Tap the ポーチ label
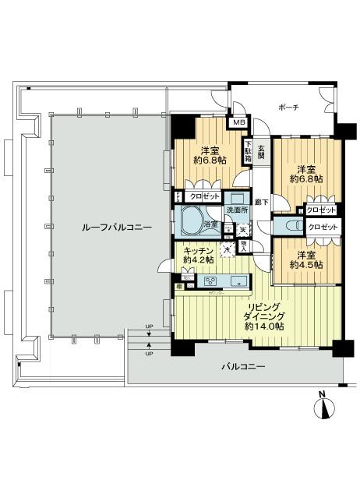291,106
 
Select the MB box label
238,122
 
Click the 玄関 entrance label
262,150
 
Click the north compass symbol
323,408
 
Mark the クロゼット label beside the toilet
323,227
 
